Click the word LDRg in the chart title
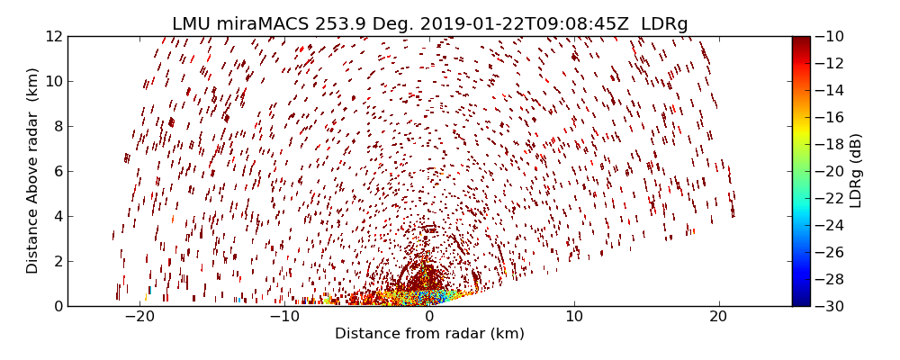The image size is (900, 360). click(x=664, y=23)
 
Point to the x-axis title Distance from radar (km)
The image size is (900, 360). click(x=429, y=334)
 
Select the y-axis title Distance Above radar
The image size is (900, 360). click(x=33, y=171)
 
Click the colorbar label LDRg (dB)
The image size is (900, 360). click(x=856, y=171)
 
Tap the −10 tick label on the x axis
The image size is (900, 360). click(x=283, y=317)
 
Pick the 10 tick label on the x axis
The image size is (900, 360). click(x=574, y=317)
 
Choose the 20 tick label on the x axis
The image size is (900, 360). click(x=718, y=317)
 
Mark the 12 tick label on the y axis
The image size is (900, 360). click(x=53, y=36)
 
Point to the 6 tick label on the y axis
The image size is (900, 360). click(x=57, y=171)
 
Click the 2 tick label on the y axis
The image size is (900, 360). click(x=57, y=261)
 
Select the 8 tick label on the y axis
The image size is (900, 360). click(x=57, y=126)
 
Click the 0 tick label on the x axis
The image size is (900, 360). click(x=429, y=317)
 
